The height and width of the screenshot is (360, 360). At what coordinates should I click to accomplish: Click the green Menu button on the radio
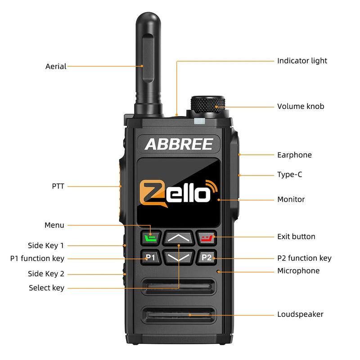tap(150, 237)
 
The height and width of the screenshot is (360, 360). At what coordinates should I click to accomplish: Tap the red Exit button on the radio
tap(206, 237)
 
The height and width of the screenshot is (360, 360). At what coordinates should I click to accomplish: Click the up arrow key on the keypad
tap(178, 237)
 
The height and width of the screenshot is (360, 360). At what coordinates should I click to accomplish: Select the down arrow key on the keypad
tap(178, 257)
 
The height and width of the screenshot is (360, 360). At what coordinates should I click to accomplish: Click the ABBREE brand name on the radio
tap(179, 144)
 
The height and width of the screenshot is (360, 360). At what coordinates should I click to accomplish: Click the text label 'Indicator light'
tap(302, 61)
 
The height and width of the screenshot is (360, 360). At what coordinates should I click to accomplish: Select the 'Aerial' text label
tap(56, 66)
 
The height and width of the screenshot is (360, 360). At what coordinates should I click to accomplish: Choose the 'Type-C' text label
tap(289, 175)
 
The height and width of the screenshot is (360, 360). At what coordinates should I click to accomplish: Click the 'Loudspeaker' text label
tap(300, 314)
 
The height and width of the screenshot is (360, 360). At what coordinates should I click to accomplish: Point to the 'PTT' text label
tap(58, 186)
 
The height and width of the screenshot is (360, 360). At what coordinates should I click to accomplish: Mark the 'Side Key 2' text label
tap(46, 274)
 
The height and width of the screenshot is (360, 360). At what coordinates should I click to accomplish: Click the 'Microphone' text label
tap(298, 271)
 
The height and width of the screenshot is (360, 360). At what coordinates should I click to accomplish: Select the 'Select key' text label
tap(46, 288)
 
